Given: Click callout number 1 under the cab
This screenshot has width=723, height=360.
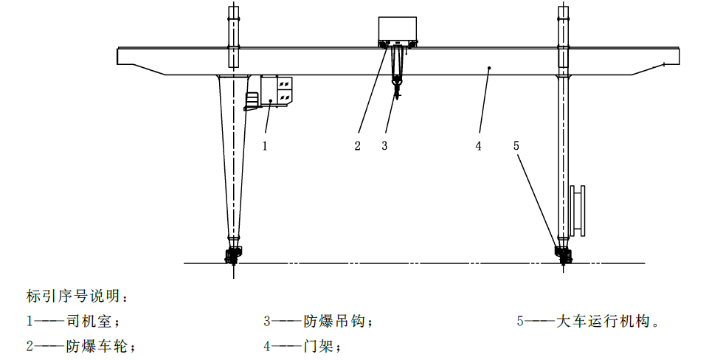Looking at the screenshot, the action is pyautogui.click(x=265, y=146).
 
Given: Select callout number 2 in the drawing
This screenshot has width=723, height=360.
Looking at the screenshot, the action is pyautogui.click(x=357, y=146).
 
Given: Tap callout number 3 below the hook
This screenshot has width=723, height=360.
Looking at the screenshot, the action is pyautogui.click(x=384, y=146).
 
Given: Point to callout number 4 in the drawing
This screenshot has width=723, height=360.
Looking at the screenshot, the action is pyautogui.click(x=478, y=146).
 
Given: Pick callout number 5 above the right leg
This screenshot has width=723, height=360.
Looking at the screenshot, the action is pyautogui.click(x=516, y=145).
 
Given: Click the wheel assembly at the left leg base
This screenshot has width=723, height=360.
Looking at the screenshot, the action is pyautogui.click(x=233, y=255).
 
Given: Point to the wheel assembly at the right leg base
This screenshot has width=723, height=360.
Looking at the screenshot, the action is pyautogui.click(x=563, y=255).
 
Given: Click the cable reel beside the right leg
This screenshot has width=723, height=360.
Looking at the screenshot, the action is pyautogui.click(x=578, y=210).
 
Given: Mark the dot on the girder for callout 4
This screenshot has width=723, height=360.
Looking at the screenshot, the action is pyautogui.click(x=489, y=68).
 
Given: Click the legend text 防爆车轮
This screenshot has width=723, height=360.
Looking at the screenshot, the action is pyautogui.click(x=95, y=346).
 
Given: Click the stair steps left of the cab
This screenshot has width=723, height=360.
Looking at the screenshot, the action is pyautogui.click(x=252, y=100).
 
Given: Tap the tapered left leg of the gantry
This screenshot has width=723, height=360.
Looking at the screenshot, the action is pyautogui.click(x=234, y=156).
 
